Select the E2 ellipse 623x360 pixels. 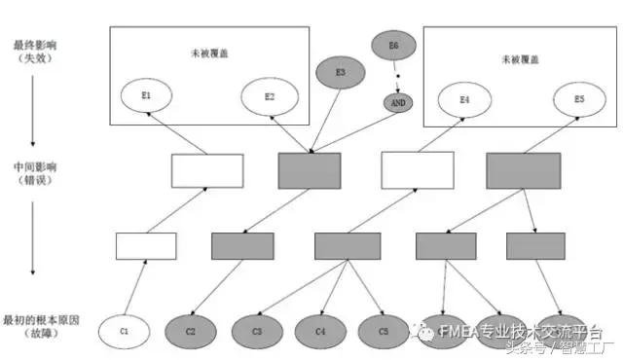[x=270, y=96]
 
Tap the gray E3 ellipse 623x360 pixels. [x=340, y=72]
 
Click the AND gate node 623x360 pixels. [x=397, y=101]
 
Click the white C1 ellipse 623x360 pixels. [x=124, y=332]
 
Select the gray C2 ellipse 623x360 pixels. [x=191, y=332]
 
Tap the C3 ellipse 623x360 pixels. [x=257, y=332]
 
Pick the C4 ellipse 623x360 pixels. [x=320, y=332]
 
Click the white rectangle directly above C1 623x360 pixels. [x=146, y=246]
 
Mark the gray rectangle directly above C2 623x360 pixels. [x=242, y=246]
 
